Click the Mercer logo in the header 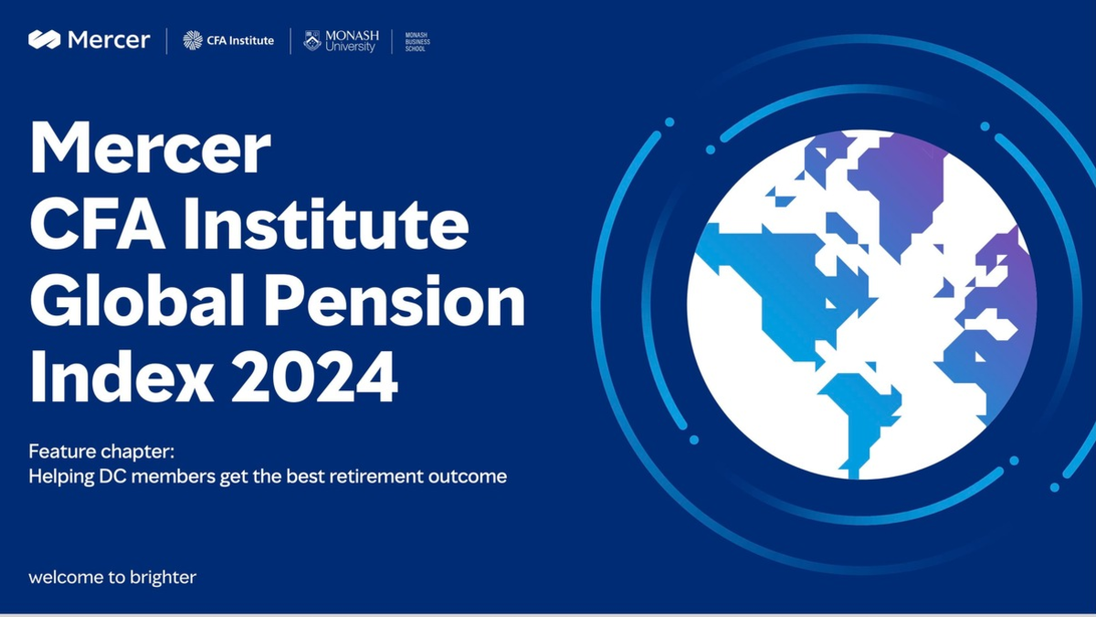pos(89,40)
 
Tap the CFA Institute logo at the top pos(228,40)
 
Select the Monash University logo pos(341,41)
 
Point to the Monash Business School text pos(416,41)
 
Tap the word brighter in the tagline pos(166,578)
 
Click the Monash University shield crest pos(312,41)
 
